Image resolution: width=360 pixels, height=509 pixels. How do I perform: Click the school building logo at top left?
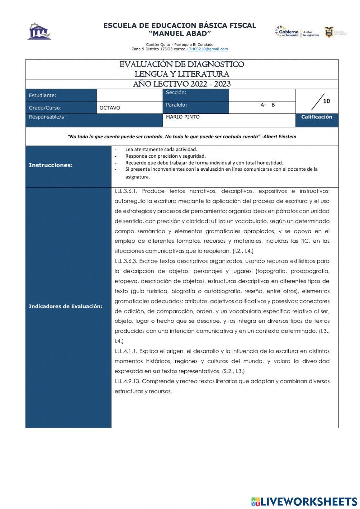click(40, 32)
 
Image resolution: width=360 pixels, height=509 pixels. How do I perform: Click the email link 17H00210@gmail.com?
click(207, 49)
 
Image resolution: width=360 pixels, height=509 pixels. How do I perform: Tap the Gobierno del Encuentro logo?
click(287, 32)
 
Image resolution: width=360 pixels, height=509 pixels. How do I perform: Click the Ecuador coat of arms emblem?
click(329, 32)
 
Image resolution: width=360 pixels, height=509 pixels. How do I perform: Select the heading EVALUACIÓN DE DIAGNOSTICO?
click(182, 64)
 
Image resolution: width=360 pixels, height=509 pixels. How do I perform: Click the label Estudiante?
click(42, 95)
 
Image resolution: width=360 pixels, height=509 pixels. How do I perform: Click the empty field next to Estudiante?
click(130, 95)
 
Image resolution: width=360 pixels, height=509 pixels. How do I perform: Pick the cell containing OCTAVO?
click(110, 108)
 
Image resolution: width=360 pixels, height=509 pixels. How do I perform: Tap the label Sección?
click(176, 93)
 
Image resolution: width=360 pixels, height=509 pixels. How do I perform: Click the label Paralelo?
click(176, 105)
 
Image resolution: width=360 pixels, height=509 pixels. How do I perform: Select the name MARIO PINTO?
click(183, 117)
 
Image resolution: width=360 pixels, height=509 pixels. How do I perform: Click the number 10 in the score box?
click(326, 101)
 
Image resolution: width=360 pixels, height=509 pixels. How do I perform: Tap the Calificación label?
click(316, 117)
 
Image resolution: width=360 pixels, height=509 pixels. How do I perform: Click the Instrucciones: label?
click(51, 165)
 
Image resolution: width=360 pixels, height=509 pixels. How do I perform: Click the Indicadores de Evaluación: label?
click(66, 307)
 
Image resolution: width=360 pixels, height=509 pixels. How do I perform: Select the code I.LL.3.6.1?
click(126, 191)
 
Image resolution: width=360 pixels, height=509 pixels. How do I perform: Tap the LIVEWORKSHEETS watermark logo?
click(304, 501)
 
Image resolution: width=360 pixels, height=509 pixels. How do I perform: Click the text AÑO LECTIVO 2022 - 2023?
click(182, 84)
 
